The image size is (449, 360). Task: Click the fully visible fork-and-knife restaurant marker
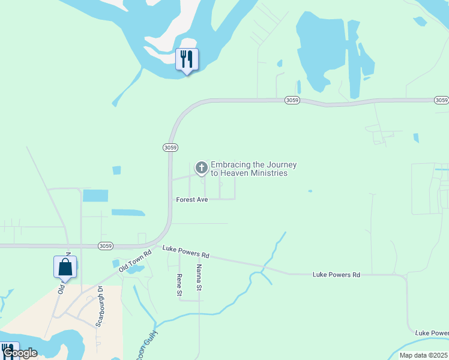tap(187, 59)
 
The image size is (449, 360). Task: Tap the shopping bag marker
tap(65, 267)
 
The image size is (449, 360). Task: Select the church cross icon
tap(202, 168)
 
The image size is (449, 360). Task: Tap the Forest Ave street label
tap(191, 199)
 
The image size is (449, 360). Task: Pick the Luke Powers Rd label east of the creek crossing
tap(336, 275)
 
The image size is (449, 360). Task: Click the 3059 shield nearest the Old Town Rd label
tap(106, 246)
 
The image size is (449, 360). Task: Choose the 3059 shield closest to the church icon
tap(170, 147)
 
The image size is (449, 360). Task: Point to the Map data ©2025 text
tap(423, 355)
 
